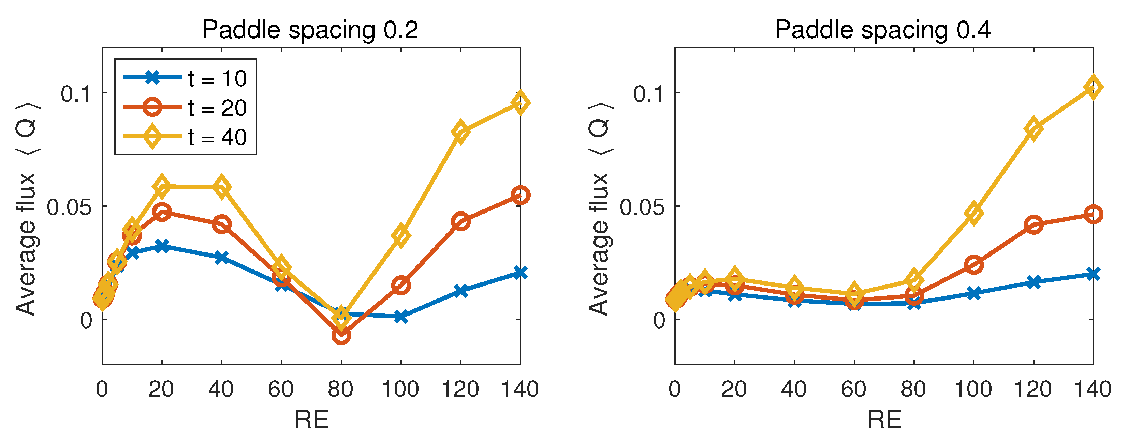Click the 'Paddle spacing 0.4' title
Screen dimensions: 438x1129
[x=882, y=30]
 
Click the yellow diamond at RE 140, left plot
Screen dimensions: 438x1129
[x=520, y=103]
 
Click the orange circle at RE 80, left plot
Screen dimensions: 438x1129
[x=341, y=335]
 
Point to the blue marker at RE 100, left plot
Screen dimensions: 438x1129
[x=401, y=316]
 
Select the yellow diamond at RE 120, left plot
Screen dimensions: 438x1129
[x=460, y=131]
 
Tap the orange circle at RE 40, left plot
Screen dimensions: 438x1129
[x=222, y=224]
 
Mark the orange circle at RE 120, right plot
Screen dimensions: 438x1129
[x=1033, y=225]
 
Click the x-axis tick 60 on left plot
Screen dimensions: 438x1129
[x=281, y=389]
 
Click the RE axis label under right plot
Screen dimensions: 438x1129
[x=884, y=420]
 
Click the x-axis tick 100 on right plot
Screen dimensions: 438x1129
[x=973, y=389]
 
